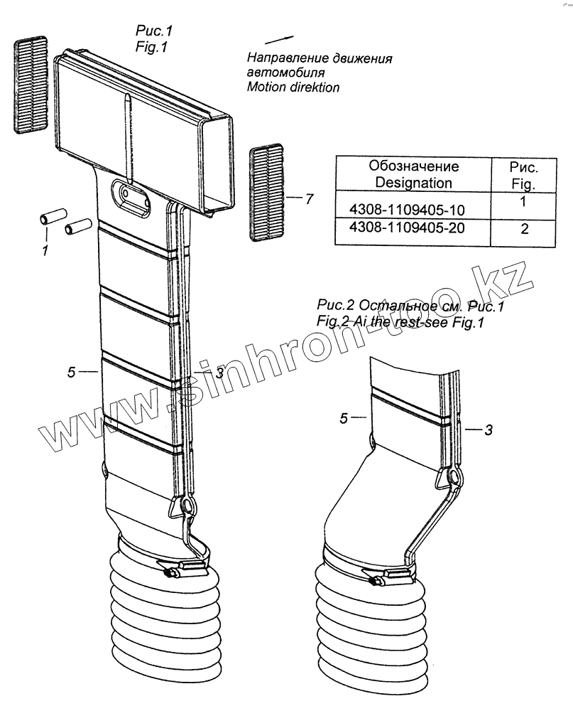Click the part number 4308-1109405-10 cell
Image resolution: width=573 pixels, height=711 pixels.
tap(413, 210)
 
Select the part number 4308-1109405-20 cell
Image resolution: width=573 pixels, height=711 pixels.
tap(413, 228)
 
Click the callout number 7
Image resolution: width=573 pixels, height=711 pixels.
tap(308, 200)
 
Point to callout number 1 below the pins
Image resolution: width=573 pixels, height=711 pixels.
tap(45, 250)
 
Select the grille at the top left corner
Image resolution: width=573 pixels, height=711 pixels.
tap(31, 84)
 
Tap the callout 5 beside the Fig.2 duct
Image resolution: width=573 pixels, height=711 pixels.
tap(344, 419)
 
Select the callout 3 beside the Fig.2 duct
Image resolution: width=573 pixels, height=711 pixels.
tap(488, 429)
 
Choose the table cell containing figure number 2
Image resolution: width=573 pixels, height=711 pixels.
tap(524, 228)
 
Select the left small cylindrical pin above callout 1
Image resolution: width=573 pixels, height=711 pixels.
tap(52, 215)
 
